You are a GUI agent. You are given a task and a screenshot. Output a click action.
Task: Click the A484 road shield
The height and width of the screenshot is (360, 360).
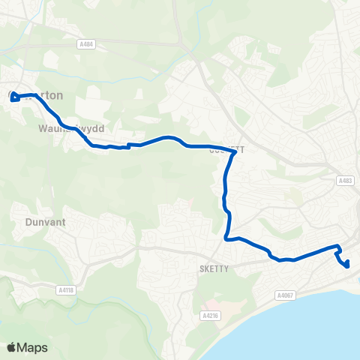[85, 44]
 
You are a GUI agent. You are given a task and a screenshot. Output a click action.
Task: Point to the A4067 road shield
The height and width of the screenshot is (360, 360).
[285, 294]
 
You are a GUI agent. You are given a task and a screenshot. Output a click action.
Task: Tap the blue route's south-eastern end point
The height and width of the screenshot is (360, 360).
[347, 263]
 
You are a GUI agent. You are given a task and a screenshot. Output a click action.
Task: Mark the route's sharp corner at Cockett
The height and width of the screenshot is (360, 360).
[235, 152]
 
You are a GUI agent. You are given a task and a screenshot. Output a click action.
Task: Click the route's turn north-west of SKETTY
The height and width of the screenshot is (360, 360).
[226, 239]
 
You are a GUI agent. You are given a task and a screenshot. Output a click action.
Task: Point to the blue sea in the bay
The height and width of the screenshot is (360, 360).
[315, 330]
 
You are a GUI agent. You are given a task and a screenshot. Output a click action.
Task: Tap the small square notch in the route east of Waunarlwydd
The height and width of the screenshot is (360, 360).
[128, 145]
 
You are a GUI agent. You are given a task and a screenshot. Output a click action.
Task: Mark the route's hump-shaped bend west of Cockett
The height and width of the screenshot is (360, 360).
[172, 138]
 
